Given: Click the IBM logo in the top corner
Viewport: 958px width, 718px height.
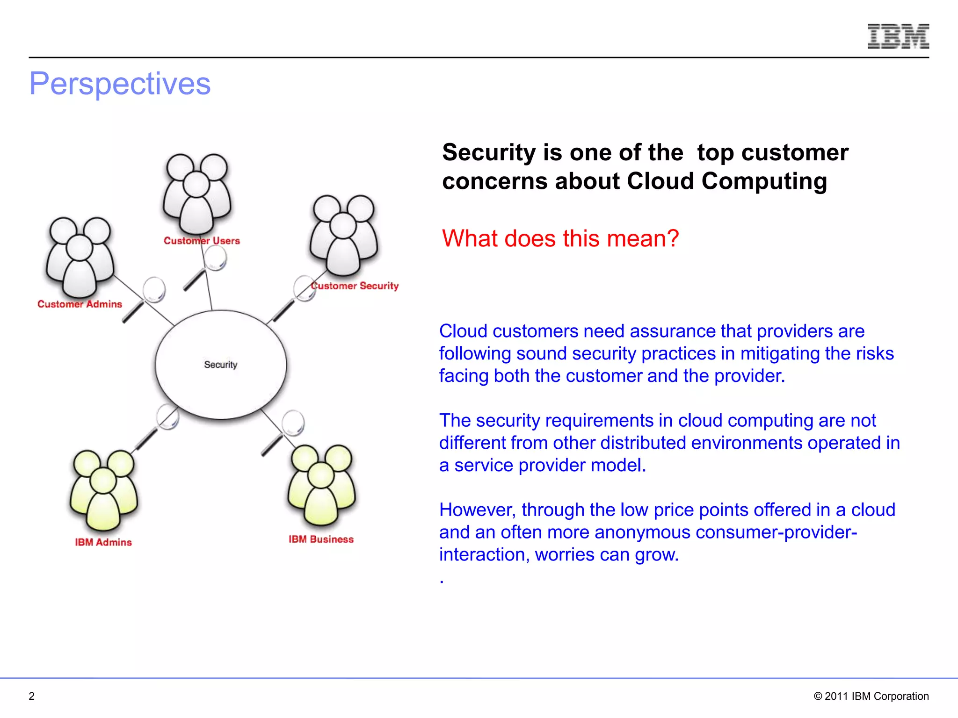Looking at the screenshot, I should [898, 36].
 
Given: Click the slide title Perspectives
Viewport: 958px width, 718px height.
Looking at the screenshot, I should [120, 84].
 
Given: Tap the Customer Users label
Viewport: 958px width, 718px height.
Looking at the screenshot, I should [202, 241].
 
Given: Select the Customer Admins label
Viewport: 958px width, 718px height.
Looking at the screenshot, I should [80, 304].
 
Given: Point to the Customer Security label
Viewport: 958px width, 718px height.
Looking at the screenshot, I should [355, 286].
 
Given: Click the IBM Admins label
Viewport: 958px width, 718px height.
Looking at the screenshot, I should [103, 542].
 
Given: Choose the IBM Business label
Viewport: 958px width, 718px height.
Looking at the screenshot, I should [321, 539].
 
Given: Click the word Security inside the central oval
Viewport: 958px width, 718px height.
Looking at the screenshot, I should [221, 365].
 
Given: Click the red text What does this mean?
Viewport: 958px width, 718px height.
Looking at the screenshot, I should [560, 238].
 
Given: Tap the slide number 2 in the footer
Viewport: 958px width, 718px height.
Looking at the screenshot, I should [32, 696].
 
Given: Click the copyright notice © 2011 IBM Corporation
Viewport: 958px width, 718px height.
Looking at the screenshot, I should [871, 696].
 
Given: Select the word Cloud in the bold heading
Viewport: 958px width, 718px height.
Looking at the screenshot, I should [660, 181].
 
